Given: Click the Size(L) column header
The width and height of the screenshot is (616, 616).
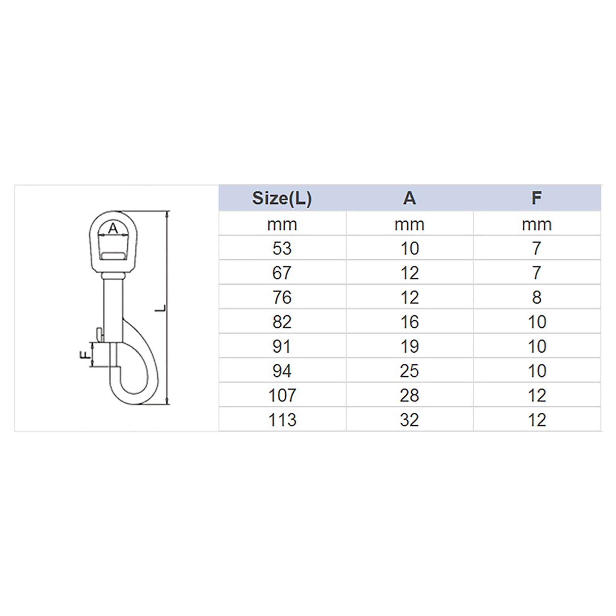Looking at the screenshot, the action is click(282, 198).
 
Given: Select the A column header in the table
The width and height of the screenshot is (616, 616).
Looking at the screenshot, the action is click(409, 198).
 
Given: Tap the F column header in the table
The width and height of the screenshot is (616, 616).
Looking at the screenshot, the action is click(537, 198).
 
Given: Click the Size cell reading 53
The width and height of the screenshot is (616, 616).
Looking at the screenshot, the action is click(282, 248).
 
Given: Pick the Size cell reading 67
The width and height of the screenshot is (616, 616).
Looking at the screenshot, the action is click(282, 273).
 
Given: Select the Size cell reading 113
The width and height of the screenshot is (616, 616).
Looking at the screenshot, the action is click(282, 420).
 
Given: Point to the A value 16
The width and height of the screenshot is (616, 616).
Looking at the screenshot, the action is click(409, 322).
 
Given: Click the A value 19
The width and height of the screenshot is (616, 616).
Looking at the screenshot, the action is click(409, 346).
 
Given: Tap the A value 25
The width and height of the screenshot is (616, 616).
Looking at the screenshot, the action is click(409, 371).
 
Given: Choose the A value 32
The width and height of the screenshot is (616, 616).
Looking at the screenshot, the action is click(409, 420).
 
